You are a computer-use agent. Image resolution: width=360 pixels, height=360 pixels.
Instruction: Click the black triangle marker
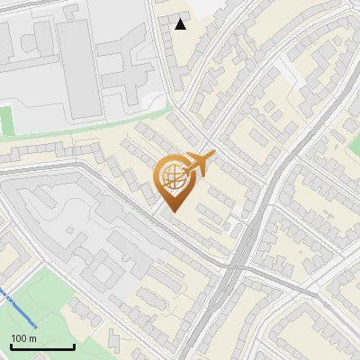[181, 24]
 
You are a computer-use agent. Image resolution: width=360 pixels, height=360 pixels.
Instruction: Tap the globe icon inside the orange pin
[172, 175]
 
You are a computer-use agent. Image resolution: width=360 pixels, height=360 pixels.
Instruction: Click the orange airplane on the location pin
[199, 164]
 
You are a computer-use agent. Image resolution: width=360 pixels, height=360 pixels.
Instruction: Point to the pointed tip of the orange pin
[172, 211]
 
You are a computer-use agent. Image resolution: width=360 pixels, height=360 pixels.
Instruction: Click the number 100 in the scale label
[18, 338]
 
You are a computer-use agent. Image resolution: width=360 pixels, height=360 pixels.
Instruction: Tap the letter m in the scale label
[31, 338]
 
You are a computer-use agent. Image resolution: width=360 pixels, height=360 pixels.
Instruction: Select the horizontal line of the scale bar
[41, 346]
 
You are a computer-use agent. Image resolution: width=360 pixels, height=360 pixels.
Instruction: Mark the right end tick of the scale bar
[74, 345]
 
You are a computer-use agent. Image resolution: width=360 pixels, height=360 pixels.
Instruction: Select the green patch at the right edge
[354, 144]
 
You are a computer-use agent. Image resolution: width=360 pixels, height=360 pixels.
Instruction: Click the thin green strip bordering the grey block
[90, 130]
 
